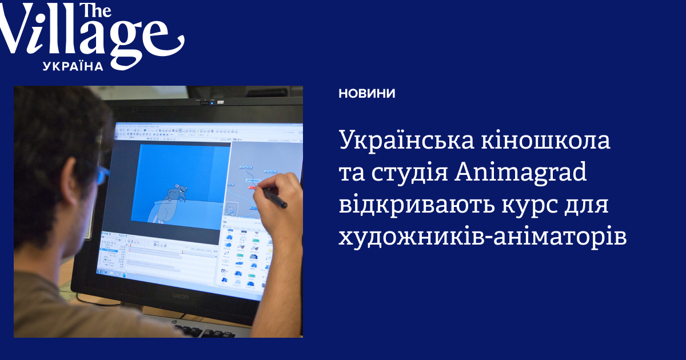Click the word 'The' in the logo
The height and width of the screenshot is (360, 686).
click(x=95, y=11)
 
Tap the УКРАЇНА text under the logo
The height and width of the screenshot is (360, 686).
click(x=73, y=66)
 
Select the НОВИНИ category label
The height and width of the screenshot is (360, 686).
click(x=366, y=94)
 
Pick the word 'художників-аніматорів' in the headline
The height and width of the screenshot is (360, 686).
click(x=482, y=237)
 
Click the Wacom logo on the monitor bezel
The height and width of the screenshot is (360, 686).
click(x=181, y=295)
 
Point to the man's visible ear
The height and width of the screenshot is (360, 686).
click(x=69, y=177)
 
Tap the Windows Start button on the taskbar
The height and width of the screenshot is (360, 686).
click(x=99, y=271)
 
